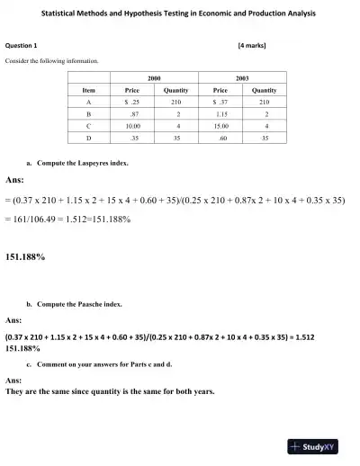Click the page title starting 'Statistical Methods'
coord(180,14)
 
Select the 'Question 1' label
coord(22,45)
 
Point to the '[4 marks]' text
coord(251,45)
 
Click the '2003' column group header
coord(243,79)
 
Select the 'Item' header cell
coord(88,91)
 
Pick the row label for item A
coord(88,103)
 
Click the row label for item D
coord(88,139)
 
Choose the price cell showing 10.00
coord(132,127)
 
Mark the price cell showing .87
coord(133,115)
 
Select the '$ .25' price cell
coord(131,103)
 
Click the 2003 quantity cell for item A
coord(264,103)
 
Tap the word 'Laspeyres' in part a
coord(94,164)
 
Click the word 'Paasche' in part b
coord(93,305)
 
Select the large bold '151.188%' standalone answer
coord(26,257)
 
